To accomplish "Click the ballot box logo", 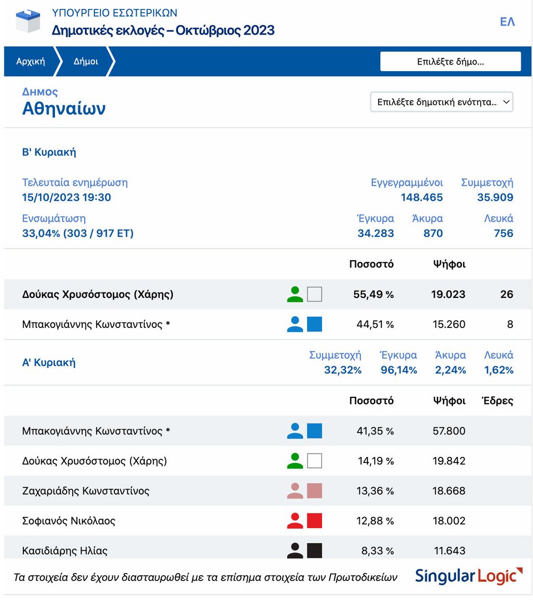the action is coord(28,21).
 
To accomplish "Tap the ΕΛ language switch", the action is coord(507,22).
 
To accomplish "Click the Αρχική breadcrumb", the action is coord(31,61).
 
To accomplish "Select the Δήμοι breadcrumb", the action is coord(86,61).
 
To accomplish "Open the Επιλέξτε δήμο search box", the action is coord(450,61).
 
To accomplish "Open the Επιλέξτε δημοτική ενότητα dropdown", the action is coord(441,102).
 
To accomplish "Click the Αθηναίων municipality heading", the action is coord(64,108).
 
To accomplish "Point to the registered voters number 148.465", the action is coord(422,197).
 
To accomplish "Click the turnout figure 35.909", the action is coord(495,197).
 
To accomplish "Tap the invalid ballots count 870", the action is coord(433,233).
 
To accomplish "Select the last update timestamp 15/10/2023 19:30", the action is coord(66,197).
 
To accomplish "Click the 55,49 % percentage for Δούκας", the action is coord(374,294).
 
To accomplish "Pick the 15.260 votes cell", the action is coord(449,325).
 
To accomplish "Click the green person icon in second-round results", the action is coord(295,294).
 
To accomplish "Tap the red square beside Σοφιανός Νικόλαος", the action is coord(314,521).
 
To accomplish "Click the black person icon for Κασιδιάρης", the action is coord(295,550).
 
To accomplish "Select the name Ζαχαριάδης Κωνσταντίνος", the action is coord(86,491).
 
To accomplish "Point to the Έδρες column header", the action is coord(497,401).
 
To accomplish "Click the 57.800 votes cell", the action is coord(449,431).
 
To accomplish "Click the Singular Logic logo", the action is coord(469,576).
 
